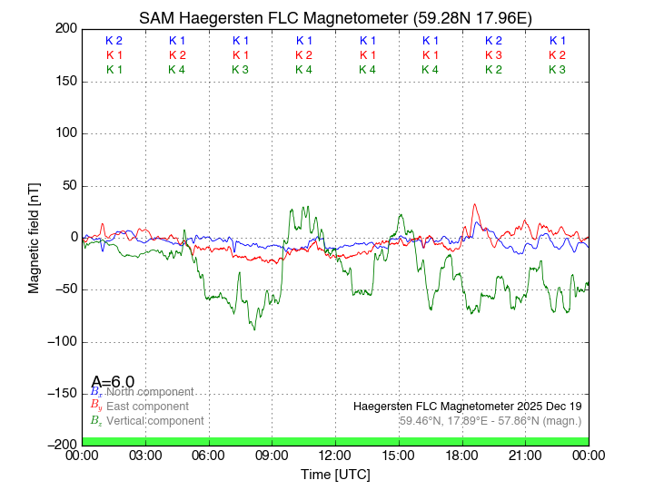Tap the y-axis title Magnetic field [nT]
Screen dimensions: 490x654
coord(35,235)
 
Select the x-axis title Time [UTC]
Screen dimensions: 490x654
coord(335,475)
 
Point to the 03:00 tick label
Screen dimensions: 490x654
coord(145,456)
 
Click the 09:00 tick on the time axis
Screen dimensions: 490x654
coord(272,456)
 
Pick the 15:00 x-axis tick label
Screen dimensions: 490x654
coord(399,456)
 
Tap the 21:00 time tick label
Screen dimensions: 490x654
coord(525,456)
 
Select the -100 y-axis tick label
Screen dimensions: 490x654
coord(61,342)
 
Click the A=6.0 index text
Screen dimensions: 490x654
coord(113,382)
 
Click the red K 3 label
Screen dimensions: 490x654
coord(493,55)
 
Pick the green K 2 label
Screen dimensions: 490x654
coord(493,70)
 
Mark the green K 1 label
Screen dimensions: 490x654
coord(114,70)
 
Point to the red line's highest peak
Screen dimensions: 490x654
coord(474,204)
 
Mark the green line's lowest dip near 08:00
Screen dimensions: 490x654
coord(255,329)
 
